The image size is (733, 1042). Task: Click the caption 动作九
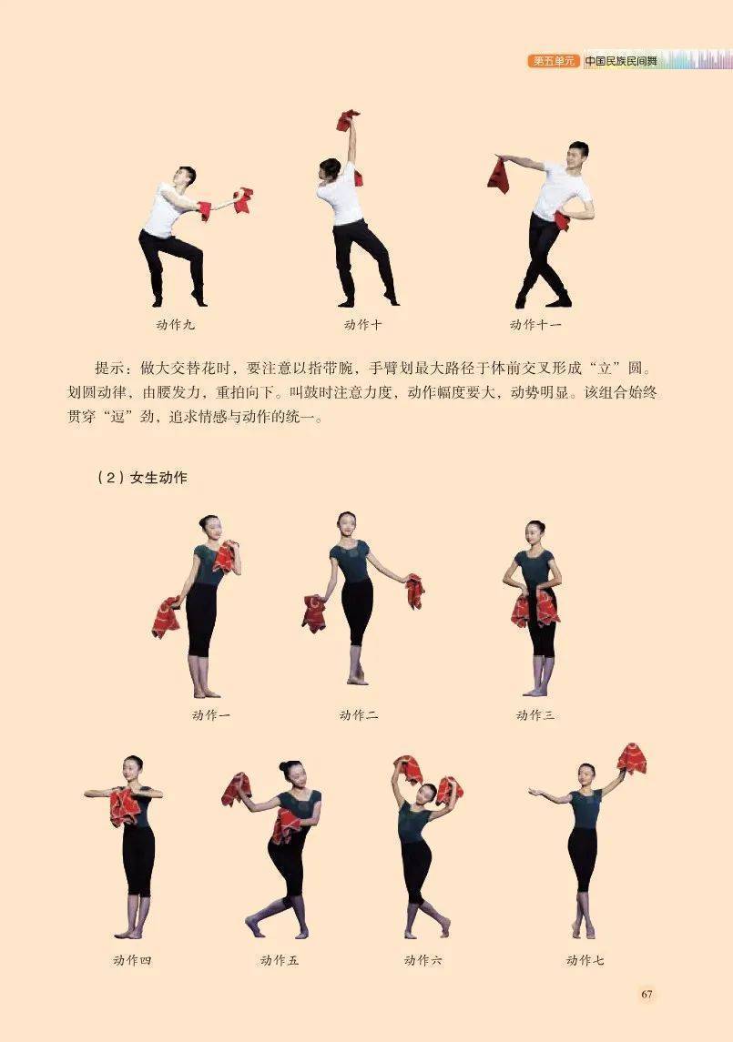[176, 325]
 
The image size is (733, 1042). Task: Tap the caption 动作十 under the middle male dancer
[363, 325]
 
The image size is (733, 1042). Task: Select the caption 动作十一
[535, 325]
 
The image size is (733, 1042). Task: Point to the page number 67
[646, 994]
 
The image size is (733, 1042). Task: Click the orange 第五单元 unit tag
[554, 60]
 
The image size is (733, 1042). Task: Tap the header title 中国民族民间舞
[621, 60]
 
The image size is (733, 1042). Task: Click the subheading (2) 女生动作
[142, 477]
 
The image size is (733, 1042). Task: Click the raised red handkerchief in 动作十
[348, 120]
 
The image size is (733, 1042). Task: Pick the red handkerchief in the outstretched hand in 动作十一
[498, 174]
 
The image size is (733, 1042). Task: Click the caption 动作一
[211, 715]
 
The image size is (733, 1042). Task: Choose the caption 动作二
[359, 715]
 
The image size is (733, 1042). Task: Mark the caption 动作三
[534, 715]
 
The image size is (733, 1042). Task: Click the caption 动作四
[132, 959]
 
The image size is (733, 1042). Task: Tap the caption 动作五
[280, 959]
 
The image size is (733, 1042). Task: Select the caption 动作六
[423, 959]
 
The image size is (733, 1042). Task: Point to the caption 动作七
[585, 959]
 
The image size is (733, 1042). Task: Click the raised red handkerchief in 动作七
[632, 759]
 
